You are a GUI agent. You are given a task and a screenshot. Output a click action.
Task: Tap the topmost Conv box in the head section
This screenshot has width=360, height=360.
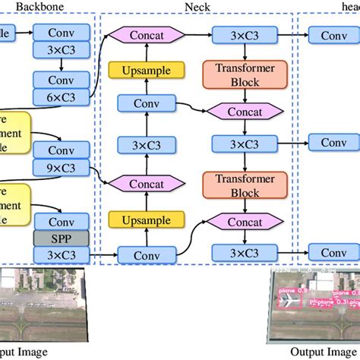click(x=333, y=35)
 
